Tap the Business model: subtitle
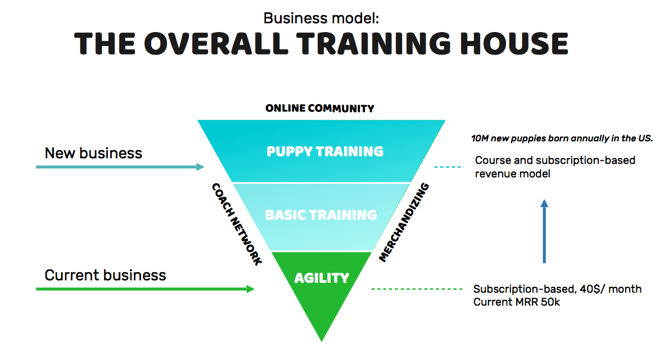(322, 18)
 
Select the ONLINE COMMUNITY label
(320, 109)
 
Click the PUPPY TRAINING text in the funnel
(325, 151)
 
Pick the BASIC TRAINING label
(321, 215)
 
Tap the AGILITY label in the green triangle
(322, 278)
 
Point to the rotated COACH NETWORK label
(237, 224)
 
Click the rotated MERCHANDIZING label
(404, 222)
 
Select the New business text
(93, 153)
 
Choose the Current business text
(106, 275)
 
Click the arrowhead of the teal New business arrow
(200, 167)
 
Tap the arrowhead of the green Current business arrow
(250, 289)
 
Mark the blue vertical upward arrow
(544, 231)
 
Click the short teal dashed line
(448, 167)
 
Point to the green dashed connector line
(417, 289)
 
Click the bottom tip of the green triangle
(322, 341)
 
